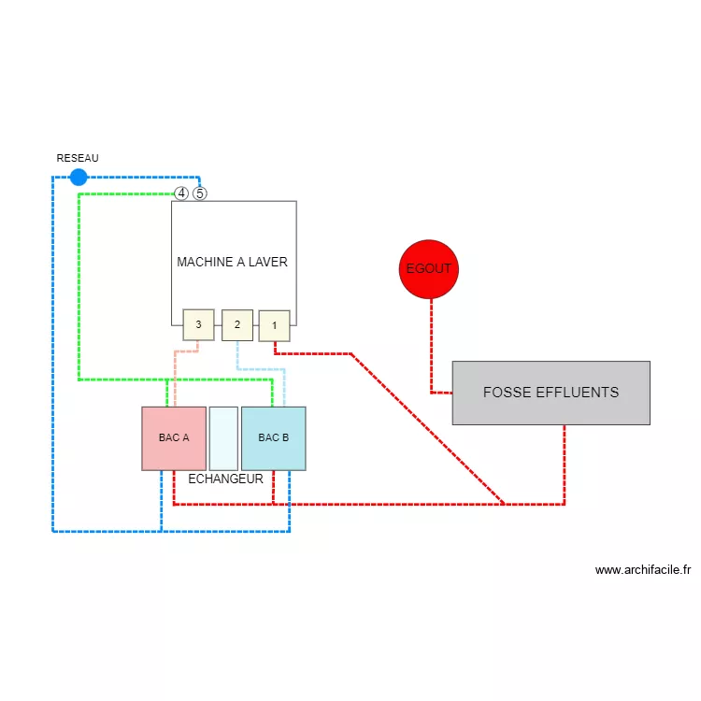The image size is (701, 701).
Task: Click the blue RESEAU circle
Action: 79,177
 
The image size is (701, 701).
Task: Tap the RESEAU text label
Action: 78,158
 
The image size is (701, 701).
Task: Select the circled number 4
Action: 181,193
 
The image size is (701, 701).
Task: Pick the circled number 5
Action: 199,193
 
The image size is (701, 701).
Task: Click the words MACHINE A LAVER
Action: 232,262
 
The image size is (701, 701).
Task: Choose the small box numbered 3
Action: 198,324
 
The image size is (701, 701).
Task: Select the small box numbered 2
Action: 237,324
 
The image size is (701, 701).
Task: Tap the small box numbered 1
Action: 274,325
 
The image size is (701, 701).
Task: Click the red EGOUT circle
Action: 429,269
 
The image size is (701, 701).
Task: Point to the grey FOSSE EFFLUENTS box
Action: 551,393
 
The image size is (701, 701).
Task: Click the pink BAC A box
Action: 174,437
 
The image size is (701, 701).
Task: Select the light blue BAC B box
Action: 273,437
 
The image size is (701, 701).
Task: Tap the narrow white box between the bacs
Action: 223,437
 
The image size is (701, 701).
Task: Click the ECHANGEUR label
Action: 225,479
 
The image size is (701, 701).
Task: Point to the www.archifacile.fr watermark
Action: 642,569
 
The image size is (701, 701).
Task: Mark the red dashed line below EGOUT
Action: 431,346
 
